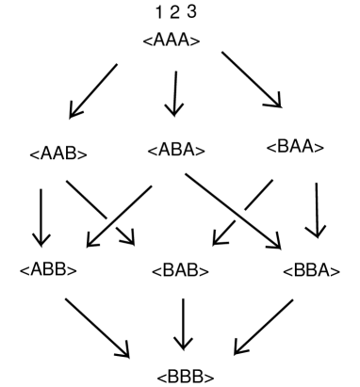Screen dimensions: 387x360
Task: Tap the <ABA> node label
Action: (177, 149)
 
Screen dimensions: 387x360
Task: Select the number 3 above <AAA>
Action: (193, 14)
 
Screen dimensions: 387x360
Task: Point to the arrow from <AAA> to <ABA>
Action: (172, 92)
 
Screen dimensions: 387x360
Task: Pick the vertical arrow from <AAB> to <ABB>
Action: (41, 217)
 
